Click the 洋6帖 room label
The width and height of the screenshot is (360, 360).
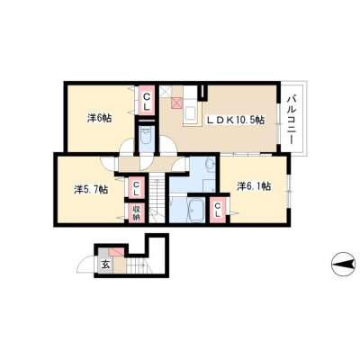point(99,118)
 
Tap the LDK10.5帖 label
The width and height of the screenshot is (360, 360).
point(235,121)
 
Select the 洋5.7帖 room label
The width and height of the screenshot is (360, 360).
point(91,189)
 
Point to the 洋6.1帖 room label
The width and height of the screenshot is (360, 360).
point(254,186)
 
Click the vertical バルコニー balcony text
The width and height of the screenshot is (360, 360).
point(291,120)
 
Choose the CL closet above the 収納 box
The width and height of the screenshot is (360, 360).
point(136,188)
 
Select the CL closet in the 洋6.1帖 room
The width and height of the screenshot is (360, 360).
point(218,210)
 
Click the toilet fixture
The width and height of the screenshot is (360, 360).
point(147,134)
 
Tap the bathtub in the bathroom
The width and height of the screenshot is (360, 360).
point(196,210)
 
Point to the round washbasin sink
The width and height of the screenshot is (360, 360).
point(210,164)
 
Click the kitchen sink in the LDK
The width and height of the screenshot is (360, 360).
point(190,113)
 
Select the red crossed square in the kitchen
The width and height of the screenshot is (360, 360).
point(176,103)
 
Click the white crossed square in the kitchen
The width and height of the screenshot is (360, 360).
point(165,92)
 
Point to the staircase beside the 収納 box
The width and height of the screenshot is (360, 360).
point(157,198)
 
